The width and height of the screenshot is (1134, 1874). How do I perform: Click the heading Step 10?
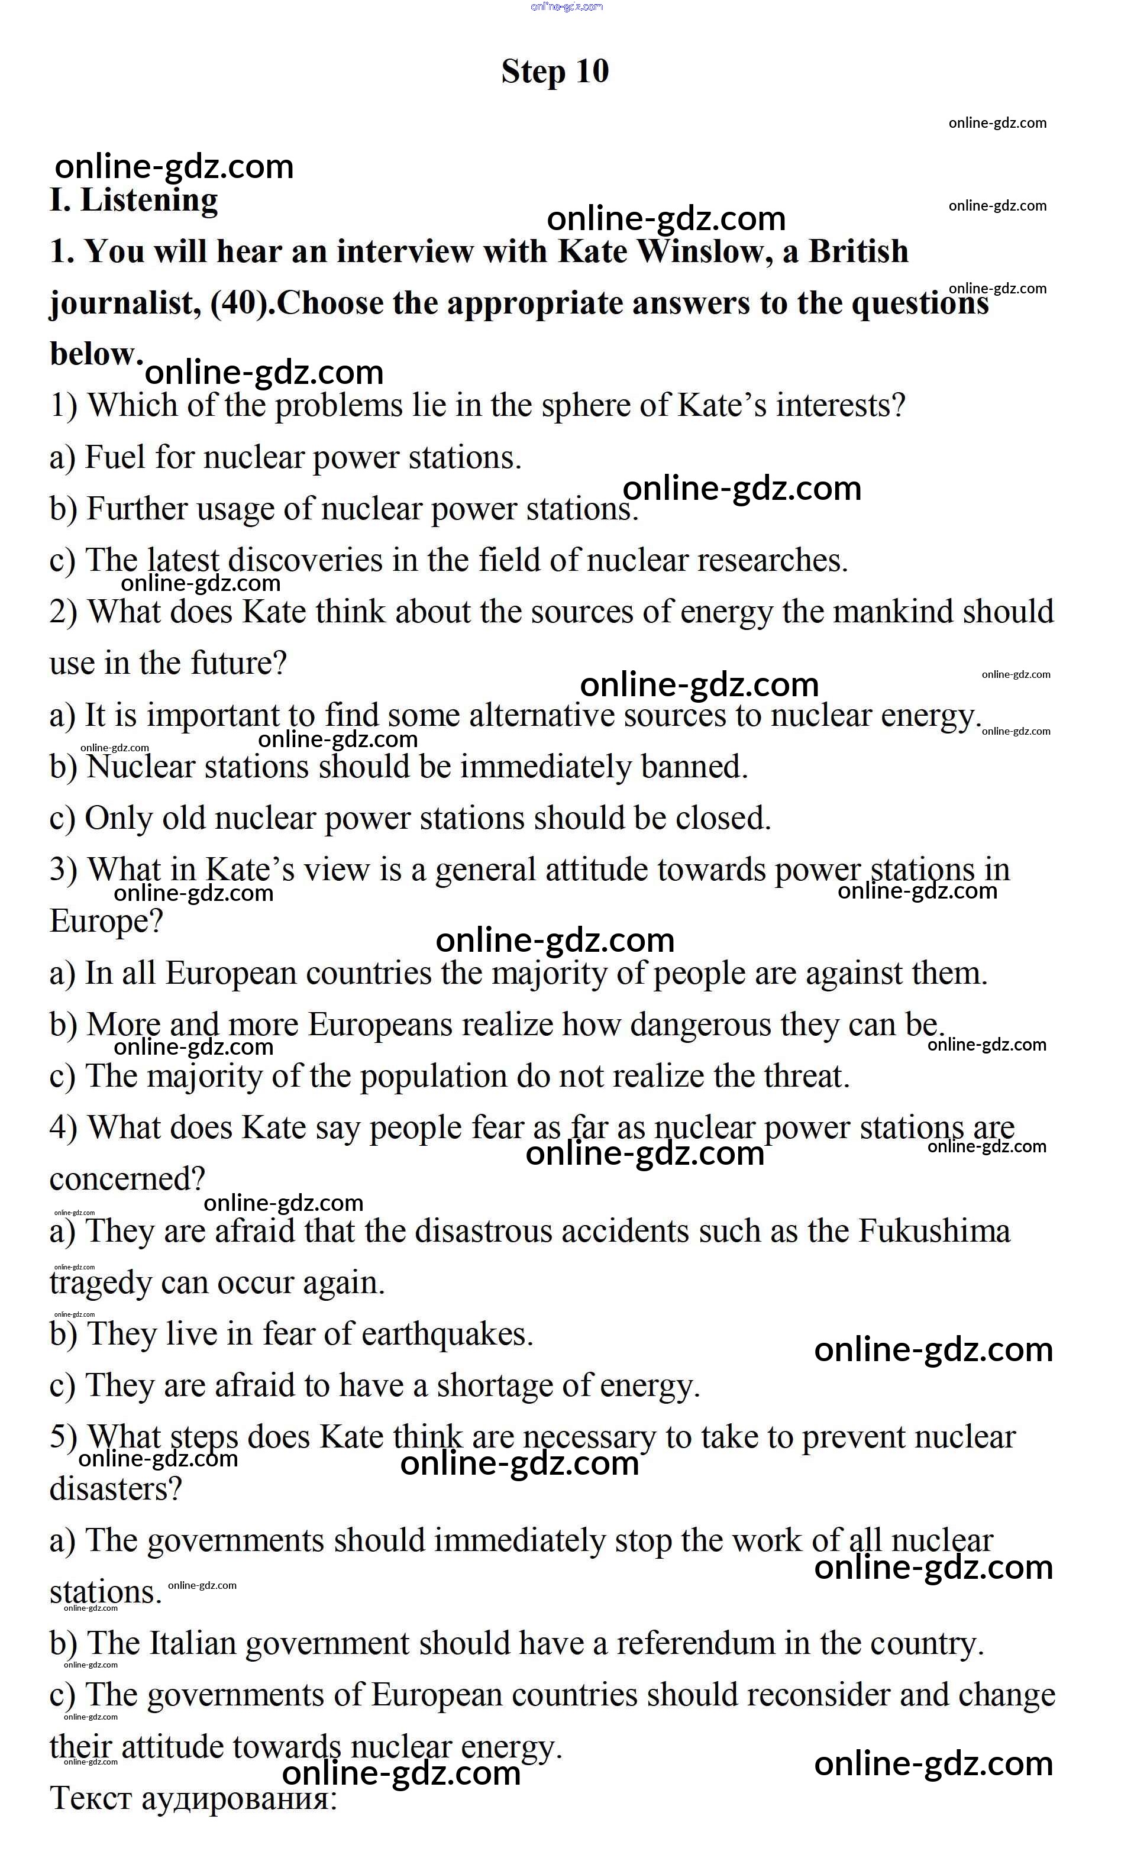(x=554, y=72)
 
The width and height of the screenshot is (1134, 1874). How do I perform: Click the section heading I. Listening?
(x=134, y=200)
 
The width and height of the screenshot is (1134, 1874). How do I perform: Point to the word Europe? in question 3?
(x=106, y=922)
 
